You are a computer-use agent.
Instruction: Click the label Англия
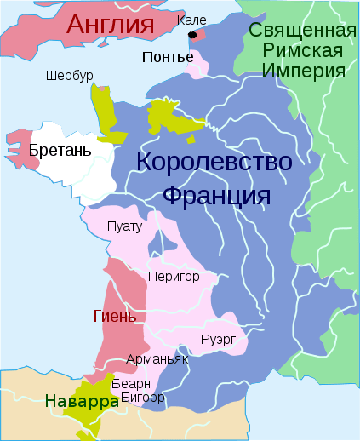pos(115,24)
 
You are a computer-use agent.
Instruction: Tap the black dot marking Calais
pos(194,35)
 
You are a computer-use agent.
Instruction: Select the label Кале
pos(192,19)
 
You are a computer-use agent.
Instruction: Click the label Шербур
pos(69,76)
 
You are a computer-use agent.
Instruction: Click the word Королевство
pos(214,161)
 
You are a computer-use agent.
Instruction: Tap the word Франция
pos(216,195)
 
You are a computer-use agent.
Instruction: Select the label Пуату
pos(125,226)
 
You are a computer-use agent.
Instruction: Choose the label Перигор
pos(173,277)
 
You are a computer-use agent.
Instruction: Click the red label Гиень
pos(114,317)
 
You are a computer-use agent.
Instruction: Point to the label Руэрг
pos(218,341)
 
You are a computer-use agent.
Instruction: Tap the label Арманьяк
pos(157,359)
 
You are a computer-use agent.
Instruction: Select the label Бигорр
pos(142,396)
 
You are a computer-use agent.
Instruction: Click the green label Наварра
pos(82,401)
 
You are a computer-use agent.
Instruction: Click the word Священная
pos(302,31)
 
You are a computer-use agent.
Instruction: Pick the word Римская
pos(303,50)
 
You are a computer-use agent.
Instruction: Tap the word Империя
pos(303,69)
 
